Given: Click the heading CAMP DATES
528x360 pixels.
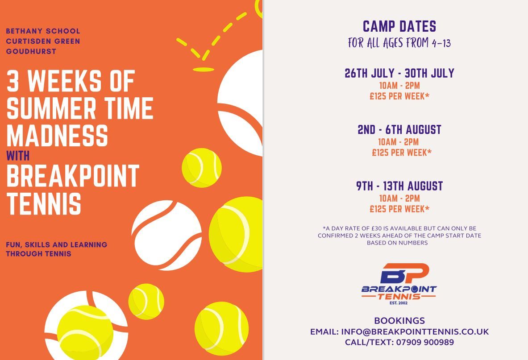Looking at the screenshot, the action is click(399, 26).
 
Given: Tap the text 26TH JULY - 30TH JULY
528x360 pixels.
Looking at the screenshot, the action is click(399, 73).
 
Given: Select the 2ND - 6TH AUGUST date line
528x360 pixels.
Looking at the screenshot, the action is click(399, 129).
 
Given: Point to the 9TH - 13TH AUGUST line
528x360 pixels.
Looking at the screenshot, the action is click(399, 186).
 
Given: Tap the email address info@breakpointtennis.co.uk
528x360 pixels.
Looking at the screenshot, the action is click(415, 332).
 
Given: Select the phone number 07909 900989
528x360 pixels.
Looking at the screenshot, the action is click(425, 342).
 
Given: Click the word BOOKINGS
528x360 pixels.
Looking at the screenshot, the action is click(399, 321).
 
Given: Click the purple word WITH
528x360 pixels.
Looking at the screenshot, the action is click(18, 156).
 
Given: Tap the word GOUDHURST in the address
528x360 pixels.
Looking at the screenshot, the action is click(31, 51).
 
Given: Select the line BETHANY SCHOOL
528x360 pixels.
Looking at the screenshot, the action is click(43, 31).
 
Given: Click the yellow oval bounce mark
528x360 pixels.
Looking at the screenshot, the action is click(204, 70).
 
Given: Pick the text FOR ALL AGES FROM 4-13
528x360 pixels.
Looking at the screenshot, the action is click(399, 43).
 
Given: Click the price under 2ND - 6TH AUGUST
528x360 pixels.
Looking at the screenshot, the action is click(402, 153).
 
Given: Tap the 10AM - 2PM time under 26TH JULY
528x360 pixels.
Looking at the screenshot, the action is click(399, 86).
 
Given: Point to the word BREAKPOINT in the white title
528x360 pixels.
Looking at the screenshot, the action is click(73, 176).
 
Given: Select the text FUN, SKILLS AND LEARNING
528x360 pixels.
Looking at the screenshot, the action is click(57, 244).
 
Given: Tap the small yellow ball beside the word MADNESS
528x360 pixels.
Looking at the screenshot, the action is click(202, 168).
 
